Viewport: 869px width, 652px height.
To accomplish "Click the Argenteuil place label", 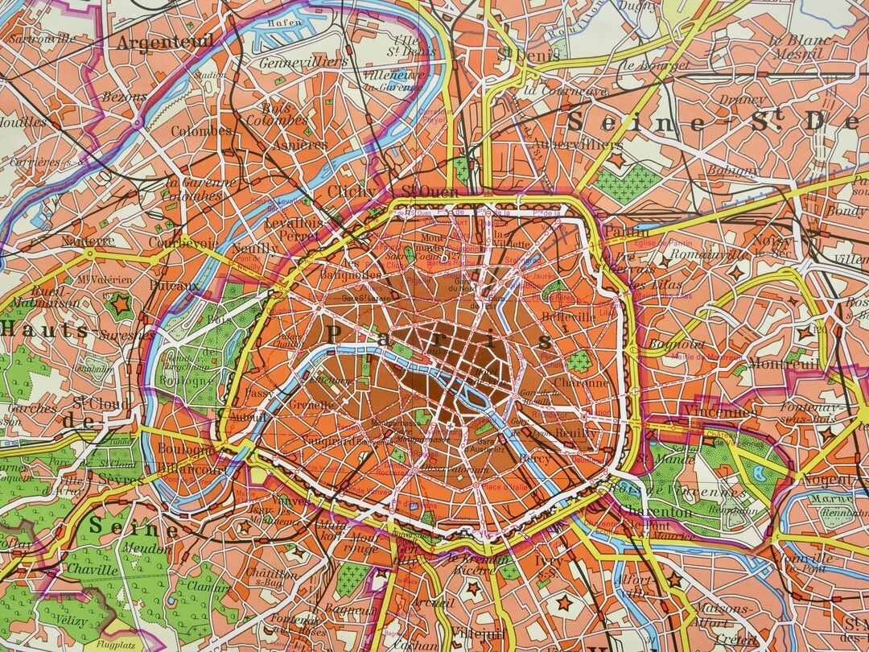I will point(166,42).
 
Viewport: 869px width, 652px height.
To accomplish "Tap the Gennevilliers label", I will point(303,62).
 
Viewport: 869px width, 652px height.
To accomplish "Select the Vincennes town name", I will point(722,411).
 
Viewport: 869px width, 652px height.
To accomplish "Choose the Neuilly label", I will point(254,250).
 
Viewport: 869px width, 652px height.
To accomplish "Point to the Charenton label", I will point(661,512).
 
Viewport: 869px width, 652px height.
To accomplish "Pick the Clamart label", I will point(208,587).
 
